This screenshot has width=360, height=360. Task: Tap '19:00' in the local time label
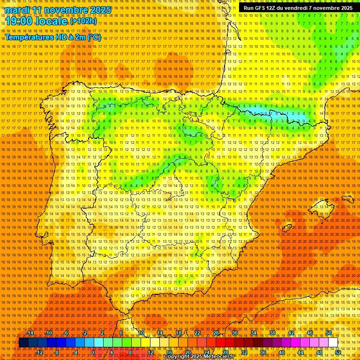click(x=19, y=22)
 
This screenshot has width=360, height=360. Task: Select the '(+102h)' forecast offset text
click(x=83, y=21)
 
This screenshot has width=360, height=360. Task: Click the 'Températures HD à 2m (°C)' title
click(x=52, y=37)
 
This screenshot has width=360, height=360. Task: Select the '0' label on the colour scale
click(x=93, y=352)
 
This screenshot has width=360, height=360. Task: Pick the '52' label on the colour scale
click(x=338, y=352)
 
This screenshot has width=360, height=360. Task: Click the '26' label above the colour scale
click(x=216, y=333)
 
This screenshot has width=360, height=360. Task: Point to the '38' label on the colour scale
click(x=272, y=333)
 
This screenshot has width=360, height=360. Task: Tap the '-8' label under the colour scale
click(x=57, y=352)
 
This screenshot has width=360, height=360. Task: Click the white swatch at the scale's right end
click(x=333, y=343)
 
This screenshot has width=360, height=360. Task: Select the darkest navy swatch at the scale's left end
click(x=23, y=343)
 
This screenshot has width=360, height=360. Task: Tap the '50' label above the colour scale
click(x=329, y=333)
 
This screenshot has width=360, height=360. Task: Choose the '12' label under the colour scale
click(x=150, y=352)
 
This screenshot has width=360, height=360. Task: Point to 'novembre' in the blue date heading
click(x=66, y=10)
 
